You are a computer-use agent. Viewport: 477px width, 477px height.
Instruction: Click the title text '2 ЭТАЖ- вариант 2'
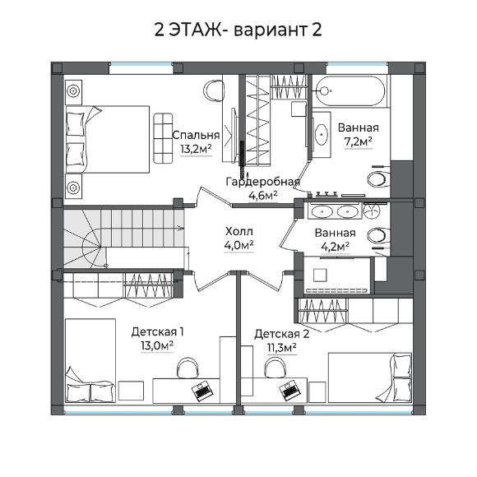(238, 30)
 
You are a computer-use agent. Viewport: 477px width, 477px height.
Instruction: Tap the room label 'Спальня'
(196, 135)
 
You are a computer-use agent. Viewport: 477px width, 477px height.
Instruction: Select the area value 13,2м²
(196, 149)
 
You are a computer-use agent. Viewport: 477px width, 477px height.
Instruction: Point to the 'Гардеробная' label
(263, 182)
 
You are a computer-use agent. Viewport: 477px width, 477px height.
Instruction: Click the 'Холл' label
(239, 231)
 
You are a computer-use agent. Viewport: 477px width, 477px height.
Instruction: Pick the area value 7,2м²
(358, 141)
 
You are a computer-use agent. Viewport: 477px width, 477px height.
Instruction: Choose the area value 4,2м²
(336, 247)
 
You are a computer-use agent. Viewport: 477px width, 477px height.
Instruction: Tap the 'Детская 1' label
(158, 332)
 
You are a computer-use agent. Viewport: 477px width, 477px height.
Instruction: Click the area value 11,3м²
(282, 348)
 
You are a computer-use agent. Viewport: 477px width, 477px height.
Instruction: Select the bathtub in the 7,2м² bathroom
(350, 91)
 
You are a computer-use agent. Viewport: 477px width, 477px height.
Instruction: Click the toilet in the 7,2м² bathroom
(377, 178)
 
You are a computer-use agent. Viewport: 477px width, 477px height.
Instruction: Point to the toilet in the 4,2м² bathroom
(378, 236)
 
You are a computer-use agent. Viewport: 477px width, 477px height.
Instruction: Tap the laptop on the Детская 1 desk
(202, 390)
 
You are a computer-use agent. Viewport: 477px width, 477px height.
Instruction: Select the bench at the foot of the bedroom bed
(163, 138)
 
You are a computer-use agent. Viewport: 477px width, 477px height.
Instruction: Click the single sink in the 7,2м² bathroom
(322, 134)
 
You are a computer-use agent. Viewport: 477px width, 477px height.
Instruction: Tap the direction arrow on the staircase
(179, 228)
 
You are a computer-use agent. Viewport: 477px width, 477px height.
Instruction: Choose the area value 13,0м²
(157, 346)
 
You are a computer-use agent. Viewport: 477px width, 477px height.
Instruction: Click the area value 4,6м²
(263, 195)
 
